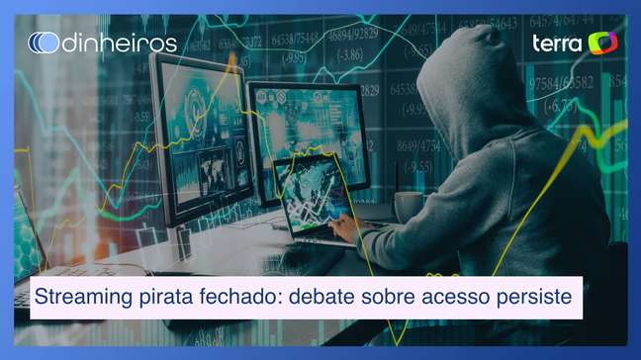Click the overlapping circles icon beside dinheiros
[44, 43]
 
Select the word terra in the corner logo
[557, 43]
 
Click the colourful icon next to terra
[602, 43]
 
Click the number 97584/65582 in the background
[569, 84]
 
